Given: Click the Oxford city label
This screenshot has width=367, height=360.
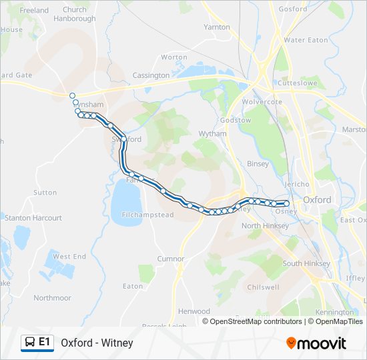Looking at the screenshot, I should coord(317,199).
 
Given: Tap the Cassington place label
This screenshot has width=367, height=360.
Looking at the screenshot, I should coord(151,75).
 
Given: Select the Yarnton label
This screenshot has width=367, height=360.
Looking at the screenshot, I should coord(217,27).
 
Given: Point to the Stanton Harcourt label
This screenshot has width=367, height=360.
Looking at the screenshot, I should coord(33,218).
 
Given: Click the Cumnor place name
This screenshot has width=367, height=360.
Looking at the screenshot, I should coord(170,259).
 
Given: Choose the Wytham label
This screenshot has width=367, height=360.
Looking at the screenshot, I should coord(213,134).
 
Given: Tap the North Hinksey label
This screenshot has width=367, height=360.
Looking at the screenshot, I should coord(266,226).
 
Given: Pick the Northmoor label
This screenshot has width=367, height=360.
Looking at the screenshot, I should coord(52,298).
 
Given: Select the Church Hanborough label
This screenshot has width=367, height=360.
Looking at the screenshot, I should coord(75,14).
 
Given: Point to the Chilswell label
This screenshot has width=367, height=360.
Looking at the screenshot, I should coord(263,287).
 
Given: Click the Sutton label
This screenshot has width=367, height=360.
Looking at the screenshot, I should coord(45,193).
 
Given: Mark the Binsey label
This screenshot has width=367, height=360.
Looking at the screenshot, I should coord(258,164).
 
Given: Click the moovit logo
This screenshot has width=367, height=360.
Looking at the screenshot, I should coord(316,343).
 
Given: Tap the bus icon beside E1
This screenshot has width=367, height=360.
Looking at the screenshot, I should coord(29,343).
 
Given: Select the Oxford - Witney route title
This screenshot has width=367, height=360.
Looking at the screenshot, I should coord(97,343).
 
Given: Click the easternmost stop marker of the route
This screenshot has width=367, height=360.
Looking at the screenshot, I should coord(287,203).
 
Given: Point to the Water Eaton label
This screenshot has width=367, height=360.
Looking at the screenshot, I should coord(306,40).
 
